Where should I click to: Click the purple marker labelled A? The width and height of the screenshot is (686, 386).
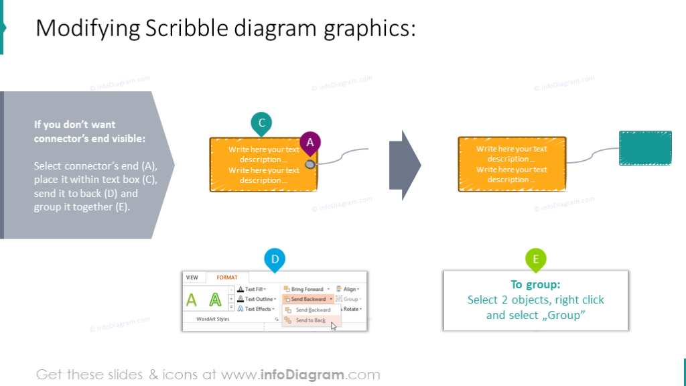click(x=310, y=142)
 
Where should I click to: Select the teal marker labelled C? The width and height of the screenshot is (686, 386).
click(x=261, y=123)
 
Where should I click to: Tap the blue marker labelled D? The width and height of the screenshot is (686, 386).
click(x=275, y=259)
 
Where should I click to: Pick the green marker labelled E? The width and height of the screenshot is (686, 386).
click(x=535, y=259)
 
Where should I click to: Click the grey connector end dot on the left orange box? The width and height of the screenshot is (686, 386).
click(x=310, y=164)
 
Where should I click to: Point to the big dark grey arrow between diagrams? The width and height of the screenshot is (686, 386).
click(x=405, y=164)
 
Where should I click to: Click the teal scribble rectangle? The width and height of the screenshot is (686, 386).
click(x=645, y=148)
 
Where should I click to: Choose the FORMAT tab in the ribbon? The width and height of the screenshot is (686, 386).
click(x=226, y=277)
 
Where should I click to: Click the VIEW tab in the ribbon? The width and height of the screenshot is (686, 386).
click(x=192, y=277)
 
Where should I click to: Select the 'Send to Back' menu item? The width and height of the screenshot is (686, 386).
click(x=311, y=320)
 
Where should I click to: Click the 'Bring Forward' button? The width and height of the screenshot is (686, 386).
click(x=307, y=289)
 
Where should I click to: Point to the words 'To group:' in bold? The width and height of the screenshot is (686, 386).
click(x=535, y=284)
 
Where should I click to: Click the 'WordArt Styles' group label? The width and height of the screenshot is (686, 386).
click(x=212, y=319)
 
